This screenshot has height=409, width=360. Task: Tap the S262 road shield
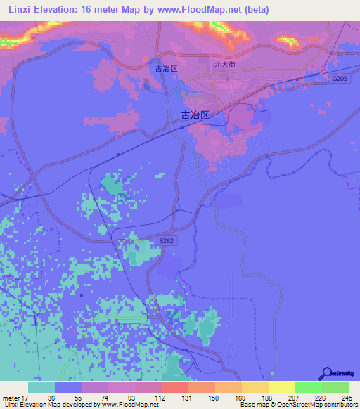point(166,241)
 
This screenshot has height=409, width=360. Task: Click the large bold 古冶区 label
point(195,115)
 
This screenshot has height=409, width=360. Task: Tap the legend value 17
point(27,398)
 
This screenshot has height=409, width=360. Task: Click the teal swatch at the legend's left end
point(41,387)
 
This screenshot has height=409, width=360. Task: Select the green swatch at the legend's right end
point(335,387)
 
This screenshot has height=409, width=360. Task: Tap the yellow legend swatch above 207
point(282,387)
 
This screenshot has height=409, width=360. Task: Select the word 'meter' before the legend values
point(11,398)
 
